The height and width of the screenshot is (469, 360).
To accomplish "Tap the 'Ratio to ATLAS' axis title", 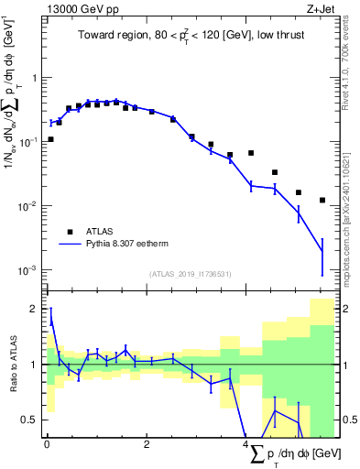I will tap(12, 364).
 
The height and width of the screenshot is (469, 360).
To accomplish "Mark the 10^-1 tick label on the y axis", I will tap(27, 142).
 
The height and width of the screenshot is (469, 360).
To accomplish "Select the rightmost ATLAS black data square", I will tap(322, 200).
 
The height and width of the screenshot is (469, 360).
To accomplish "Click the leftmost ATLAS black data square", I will tap(50, 139).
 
